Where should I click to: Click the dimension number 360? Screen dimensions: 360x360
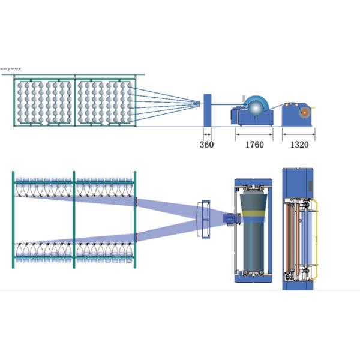(x=206, y=145)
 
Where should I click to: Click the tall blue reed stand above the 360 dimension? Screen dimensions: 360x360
(x=207, y=110)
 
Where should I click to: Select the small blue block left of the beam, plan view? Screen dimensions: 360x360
(x=229, y=219)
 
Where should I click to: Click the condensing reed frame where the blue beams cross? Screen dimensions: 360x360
(x=204, y=218)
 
